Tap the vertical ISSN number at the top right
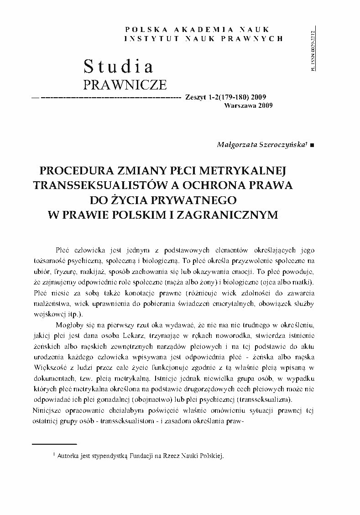[x=312, y=52]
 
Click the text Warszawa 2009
[x=248, y=106]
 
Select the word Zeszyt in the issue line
[x=196, y=97]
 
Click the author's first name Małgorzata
[x=236, y=143]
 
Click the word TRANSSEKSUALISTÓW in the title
[x=99, y=185]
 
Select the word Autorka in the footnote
[x=70, y=456]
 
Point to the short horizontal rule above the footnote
[x=54, y=443]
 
